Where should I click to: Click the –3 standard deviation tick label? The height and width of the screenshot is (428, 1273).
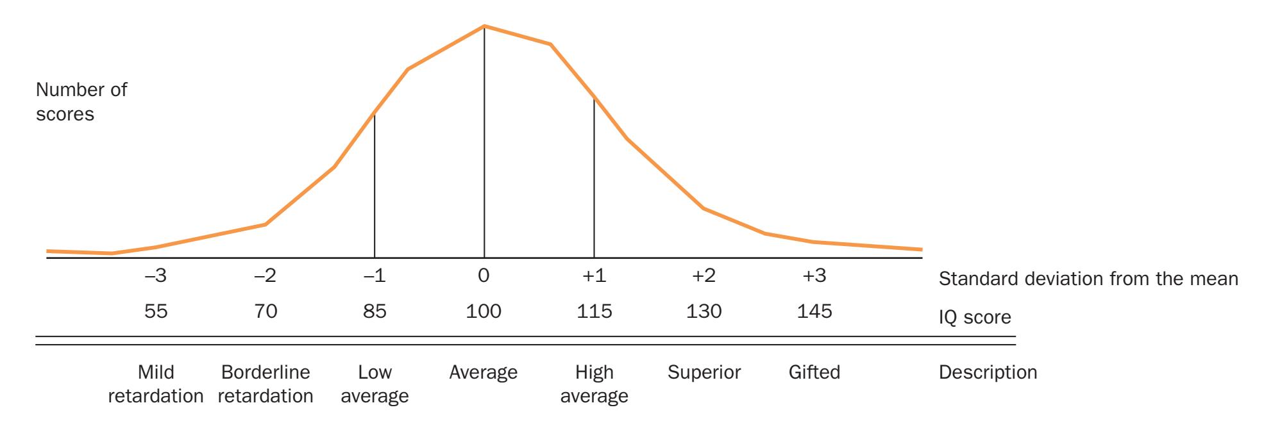pyautogui.click(x=156, y=277)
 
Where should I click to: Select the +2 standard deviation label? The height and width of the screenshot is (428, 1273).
pyautogui.click(x=704, y=277)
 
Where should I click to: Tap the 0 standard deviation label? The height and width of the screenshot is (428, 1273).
pyautogui.click(x=484, y=277)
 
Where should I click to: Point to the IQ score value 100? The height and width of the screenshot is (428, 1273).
pyautogui.click(x=484, y=312)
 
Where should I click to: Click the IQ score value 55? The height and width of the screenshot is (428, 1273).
pyautogui.click(x=156, y=312)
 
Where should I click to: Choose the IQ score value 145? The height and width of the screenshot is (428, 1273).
pyautogui.click(x=814, y=312)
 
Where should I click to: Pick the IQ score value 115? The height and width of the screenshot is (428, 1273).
pyautogui.click(x=594, y=312)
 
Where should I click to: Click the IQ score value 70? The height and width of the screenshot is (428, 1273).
pyautogui.click(x=266, y=312)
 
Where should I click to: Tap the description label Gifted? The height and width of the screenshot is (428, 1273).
pyautogui.click(x=814, y=372)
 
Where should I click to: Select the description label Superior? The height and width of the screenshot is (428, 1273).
pyautogui.click(x=704, y=372)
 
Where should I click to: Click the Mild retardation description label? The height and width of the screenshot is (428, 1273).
pyautogui.click(x=156, y=384)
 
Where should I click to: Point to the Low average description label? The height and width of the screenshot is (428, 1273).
pyautogui.click(x=375, y=384)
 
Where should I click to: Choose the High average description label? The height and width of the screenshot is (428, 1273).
pyautogui.click(x=594, y=384)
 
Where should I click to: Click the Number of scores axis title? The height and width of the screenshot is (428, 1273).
pyautogui.click(x=81, y=102)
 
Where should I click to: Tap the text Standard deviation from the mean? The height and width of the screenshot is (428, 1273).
pyautogui.click(x=1088, y=279)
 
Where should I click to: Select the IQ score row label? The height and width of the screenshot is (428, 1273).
pyautogui.click(x=975, y=317)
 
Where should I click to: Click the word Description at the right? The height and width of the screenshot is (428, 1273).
pyautogui.click(x=988, y=372)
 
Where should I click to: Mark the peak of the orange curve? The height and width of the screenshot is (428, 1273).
pyautogui.click(x=484, y=26)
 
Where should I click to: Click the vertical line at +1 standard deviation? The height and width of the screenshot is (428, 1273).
pyautogui.click(x=594, y=179)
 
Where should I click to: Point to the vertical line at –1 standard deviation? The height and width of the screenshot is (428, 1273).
pyautogui.click(x=375, y=186)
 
